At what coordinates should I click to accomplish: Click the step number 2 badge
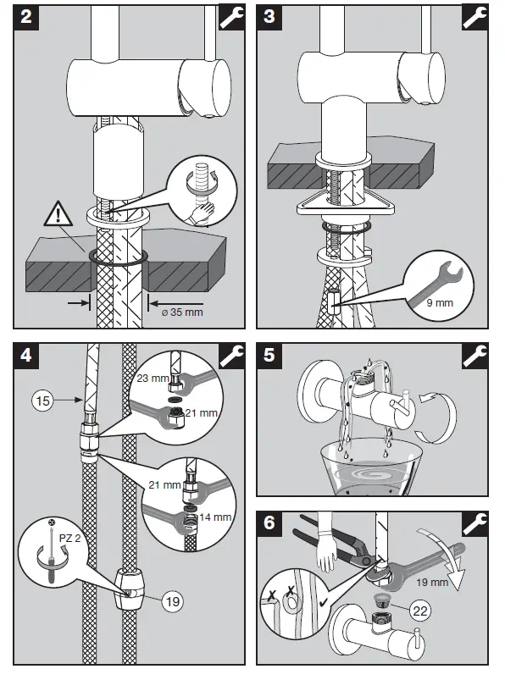click(x=26, y=17)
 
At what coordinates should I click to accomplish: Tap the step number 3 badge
click(x=269, y=17)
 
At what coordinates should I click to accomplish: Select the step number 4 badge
click(x=26, y=356)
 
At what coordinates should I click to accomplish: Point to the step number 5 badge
click(x=269, y=356)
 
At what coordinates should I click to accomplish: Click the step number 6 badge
click(x=269, y=523)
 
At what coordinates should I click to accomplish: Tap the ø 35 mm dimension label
click(x=182, y=312)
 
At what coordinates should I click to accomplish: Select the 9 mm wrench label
click(x=440, y=302)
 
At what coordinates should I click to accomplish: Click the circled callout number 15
click(x=43, y=401)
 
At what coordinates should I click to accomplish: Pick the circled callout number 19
click(x=173, y=601)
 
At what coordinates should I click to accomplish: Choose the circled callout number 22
click(x=420, y=611)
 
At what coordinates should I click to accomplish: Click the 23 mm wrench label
click(x=153, y=379)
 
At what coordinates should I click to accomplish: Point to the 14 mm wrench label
click(x=215, y=517)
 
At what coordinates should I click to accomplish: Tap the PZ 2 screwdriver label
click(x=69, y=539)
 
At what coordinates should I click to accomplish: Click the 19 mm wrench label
click(x=432, y=582)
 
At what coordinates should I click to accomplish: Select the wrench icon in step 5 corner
click(x=475, y=356)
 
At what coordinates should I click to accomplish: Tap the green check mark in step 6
click(x=324, y=602)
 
